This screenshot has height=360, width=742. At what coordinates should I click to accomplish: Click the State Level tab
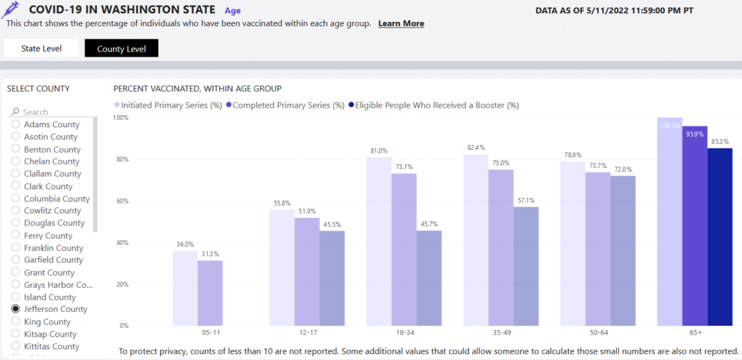point(41,49)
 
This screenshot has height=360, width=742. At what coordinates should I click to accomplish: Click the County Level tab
point(121,49)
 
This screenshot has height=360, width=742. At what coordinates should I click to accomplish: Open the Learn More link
point(401,23)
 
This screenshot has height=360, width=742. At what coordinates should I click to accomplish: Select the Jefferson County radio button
point(15,309)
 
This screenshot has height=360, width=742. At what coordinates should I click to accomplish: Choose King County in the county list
point(47,321)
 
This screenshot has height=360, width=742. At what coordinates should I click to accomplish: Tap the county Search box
point(55,112)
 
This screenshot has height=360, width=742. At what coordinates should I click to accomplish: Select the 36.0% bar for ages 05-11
point(184,288)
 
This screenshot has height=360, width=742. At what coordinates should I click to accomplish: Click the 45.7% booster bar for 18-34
point(428,278)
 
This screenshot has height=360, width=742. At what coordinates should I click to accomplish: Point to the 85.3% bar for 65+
point(719,236)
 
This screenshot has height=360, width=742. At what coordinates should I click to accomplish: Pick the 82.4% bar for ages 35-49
point(476,240)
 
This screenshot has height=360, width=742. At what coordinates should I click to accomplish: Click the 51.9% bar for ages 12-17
point(307,271)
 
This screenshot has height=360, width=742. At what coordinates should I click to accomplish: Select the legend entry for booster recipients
point(434,105)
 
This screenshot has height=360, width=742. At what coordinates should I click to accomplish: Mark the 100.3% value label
point(670,125)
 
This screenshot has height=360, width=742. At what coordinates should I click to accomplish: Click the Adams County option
point(51,124)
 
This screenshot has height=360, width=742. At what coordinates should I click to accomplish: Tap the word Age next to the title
point(233,11)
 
